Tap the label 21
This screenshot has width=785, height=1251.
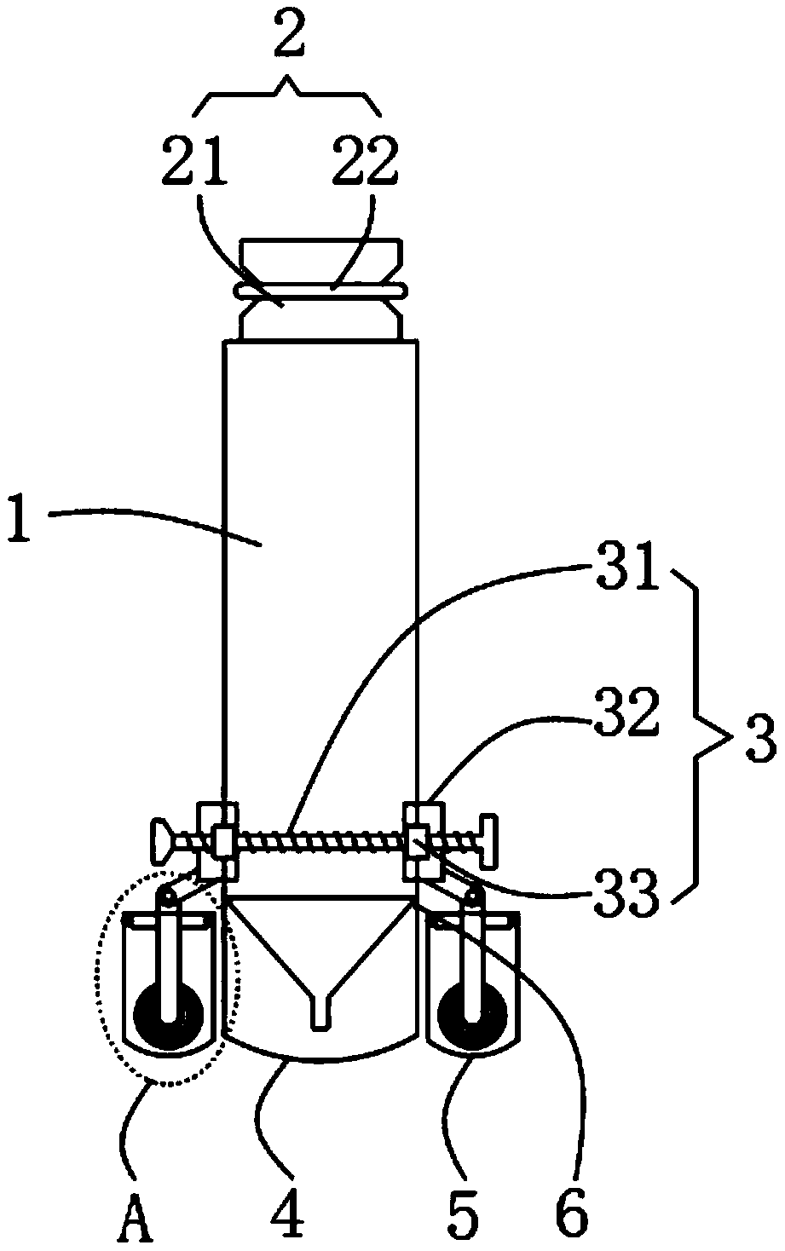click(195, 160)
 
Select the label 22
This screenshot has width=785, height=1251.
click(365, 160)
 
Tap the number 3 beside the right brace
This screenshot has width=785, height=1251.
click(761, 740)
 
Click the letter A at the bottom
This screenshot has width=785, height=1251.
click(135, 1220)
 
